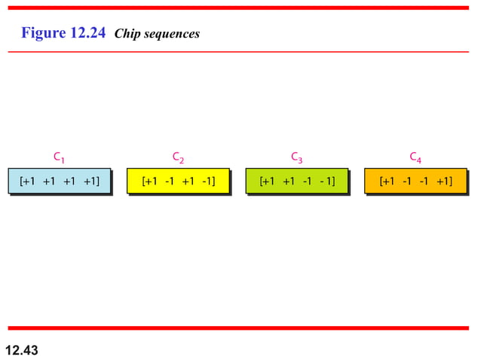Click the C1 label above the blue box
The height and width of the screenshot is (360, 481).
(x=59, y=157)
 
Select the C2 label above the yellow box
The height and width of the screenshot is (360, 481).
(x=178, y=157)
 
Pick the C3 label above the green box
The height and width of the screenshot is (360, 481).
(x=297, y=157)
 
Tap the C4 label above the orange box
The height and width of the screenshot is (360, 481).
(x=415, y=157)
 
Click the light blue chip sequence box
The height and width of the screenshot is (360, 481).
(x=60, y=181)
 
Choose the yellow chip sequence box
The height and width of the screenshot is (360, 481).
(x=178, y=181)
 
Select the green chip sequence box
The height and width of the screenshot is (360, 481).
(x=297, y=181)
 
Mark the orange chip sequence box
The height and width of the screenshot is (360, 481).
(x=415, y=181)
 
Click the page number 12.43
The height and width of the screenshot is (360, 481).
(x=21, y=350)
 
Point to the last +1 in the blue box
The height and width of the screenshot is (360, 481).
(x=91, y=181)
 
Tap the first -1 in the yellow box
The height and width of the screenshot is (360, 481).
(x=169, y=181)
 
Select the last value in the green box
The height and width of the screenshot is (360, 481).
(x=326, y=181)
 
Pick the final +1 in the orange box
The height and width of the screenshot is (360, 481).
(x=444, y=181)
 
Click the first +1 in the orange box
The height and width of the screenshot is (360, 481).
(x=387, y=181)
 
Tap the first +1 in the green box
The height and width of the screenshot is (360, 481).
(x=268, y=181)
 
